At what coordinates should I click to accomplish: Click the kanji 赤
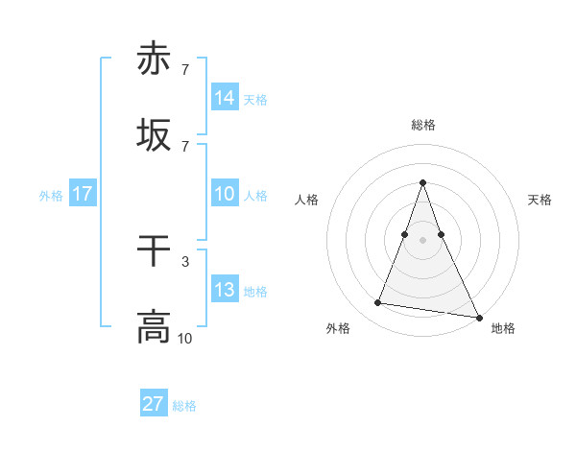pyautogui.click(x=154, y=59)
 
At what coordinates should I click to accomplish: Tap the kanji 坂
pyautogui.click(x=154, y=136)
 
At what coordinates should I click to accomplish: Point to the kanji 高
pyautogui.click(x=154, y=327)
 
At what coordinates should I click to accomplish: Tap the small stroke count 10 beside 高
pyautogui.click(x=184, y=338)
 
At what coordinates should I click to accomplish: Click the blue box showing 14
pyautogui.click(x=225, y=98)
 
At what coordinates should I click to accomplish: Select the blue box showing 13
pyautogui.click(x=225, y=290)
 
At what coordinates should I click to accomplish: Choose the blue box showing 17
pyautogui.click(x=83, y=194)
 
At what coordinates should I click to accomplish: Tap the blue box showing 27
pyautogui.click(x=154, y=404)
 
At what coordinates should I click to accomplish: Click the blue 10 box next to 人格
pyautogui.click(x=225, y=194)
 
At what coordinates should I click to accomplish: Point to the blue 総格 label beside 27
pyautogui.click(x=184, y=406)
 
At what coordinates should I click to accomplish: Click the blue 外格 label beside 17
pyautogui.click(x=51, y=196)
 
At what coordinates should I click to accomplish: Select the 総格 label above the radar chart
pyautogui.click(x=422, y=125)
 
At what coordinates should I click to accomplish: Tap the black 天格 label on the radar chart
pyautogui.click(x=540, y=200)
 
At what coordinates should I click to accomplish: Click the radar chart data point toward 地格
pyautogui.click(x=478, y=317)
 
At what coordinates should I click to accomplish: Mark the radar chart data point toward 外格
pyautogui.click(x=378, y=303)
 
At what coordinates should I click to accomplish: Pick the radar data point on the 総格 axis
pyautogui.click(x=422, y=182)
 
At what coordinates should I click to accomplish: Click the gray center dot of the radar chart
pyautogui.click(x=422, y=240)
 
